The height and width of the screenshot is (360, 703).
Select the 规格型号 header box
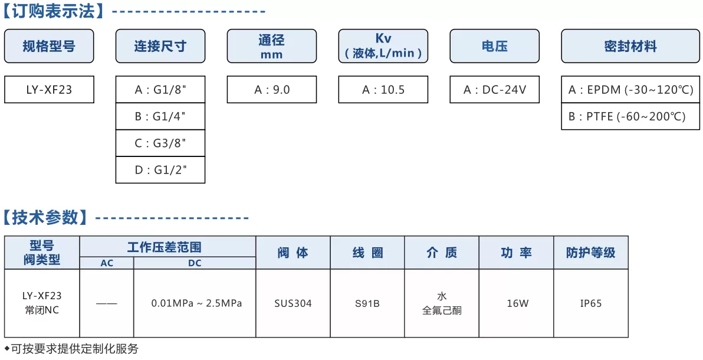49,46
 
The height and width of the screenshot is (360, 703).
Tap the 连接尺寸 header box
160,46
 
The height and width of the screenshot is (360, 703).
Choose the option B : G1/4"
160,117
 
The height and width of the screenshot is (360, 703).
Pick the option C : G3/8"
160,143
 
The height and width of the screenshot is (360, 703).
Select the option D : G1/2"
160,170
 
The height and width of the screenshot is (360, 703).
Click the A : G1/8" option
160,90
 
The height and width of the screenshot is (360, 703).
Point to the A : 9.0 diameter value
272,90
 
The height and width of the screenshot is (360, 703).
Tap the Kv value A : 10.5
383,90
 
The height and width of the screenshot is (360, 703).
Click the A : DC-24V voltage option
495,90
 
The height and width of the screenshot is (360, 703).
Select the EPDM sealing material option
630,90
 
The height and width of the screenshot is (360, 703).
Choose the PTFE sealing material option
630,117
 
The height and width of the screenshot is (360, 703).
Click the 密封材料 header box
630,46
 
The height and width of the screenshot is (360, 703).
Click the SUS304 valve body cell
293,303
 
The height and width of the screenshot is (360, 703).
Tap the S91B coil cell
367,303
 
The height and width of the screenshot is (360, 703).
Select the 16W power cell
517,303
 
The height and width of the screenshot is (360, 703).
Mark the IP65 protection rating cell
591,303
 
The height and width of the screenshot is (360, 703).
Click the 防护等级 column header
591,252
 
